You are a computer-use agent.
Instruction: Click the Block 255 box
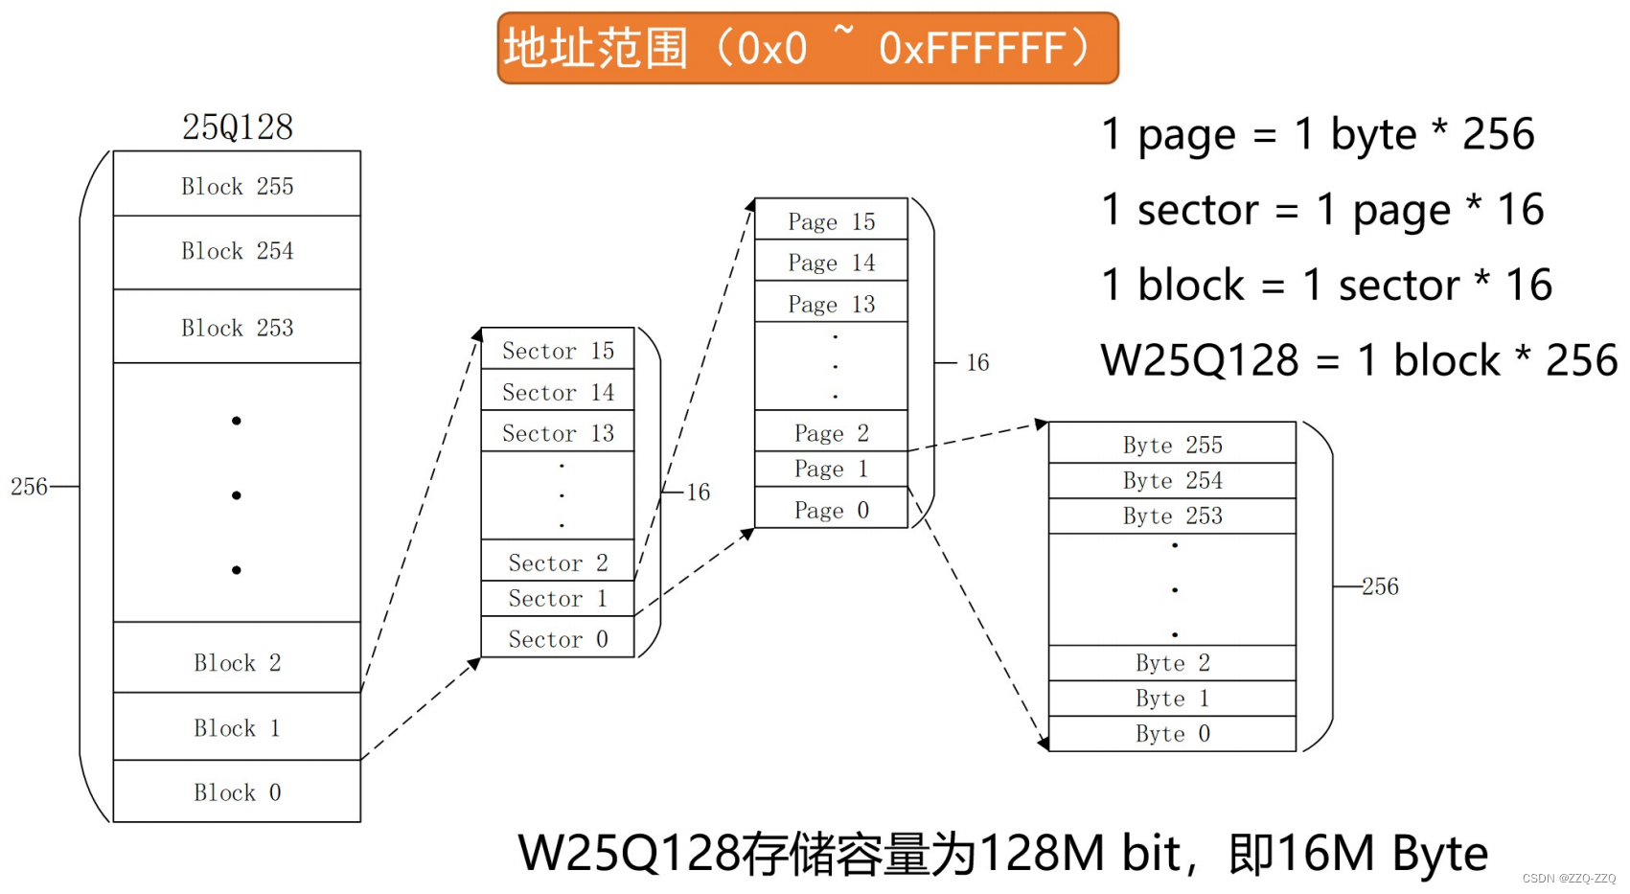click(237, 185)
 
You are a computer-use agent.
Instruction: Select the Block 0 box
click(237, 791)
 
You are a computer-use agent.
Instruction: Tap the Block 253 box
click(237, 327)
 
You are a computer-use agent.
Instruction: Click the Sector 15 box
click(558, 350)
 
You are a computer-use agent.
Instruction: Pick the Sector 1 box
click(558, 598)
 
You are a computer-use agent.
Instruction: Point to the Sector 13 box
click(558, 432)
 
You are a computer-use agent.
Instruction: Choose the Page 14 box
click(831, 262)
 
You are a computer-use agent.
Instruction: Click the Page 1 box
click(831, 469)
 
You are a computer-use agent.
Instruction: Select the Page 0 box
click(831, 510)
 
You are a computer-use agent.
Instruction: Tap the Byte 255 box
click(1172, 444)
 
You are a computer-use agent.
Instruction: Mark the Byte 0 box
click(1172, 734)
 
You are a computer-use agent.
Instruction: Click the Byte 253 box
click(1172, 516)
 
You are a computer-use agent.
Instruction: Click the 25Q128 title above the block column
click(238, 126)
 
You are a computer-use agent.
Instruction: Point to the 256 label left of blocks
click(29, 486)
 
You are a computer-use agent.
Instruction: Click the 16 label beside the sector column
click(698, 492)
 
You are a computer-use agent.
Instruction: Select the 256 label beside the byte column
click(1380, 585)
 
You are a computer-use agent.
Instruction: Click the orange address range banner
click(807, 48)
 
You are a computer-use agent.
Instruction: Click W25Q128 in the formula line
click(1199, 361)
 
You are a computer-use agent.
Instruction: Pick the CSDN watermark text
click(1568, 878)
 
